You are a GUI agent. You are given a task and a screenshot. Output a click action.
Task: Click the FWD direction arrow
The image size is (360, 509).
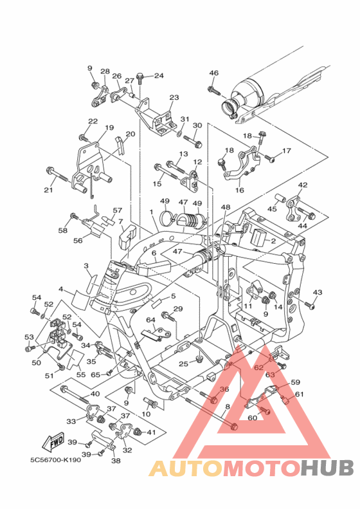53,441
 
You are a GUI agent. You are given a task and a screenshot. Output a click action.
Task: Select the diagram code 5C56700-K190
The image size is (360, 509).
56,460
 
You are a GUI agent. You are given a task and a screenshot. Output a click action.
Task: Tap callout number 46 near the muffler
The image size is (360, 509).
213,73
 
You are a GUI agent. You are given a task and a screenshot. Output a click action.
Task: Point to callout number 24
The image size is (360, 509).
159,76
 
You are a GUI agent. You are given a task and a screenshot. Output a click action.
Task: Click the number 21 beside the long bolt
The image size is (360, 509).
48,190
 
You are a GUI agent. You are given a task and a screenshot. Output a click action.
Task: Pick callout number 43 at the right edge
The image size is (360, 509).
317,292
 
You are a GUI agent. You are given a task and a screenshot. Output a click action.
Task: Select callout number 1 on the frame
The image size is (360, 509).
151,212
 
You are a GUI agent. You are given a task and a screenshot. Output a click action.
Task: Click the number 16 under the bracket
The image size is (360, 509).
239,190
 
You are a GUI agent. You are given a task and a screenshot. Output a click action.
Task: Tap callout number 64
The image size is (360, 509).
150,320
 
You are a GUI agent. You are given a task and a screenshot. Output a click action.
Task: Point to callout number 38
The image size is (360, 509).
116,460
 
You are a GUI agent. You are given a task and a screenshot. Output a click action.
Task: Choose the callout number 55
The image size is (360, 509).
81,375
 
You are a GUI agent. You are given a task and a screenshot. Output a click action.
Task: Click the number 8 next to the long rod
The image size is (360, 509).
228,406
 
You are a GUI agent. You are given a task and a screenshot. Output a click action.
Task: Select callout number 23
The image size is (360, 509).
174,97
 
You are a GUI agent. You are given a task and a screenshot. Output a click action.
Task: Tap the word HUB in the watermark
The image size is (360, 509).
327,468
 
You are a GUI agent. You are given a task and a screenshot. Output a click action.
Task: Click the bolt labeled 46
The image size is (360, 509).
214,89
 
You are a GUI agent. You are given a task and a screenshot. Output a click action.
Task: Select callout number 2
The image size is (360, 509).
273,241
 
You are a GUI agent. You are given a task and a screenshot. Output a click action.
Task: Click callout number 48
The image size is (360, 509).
226,207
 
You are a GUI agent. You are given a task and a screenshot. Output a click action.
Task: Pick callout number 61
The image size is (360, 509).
299,394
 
